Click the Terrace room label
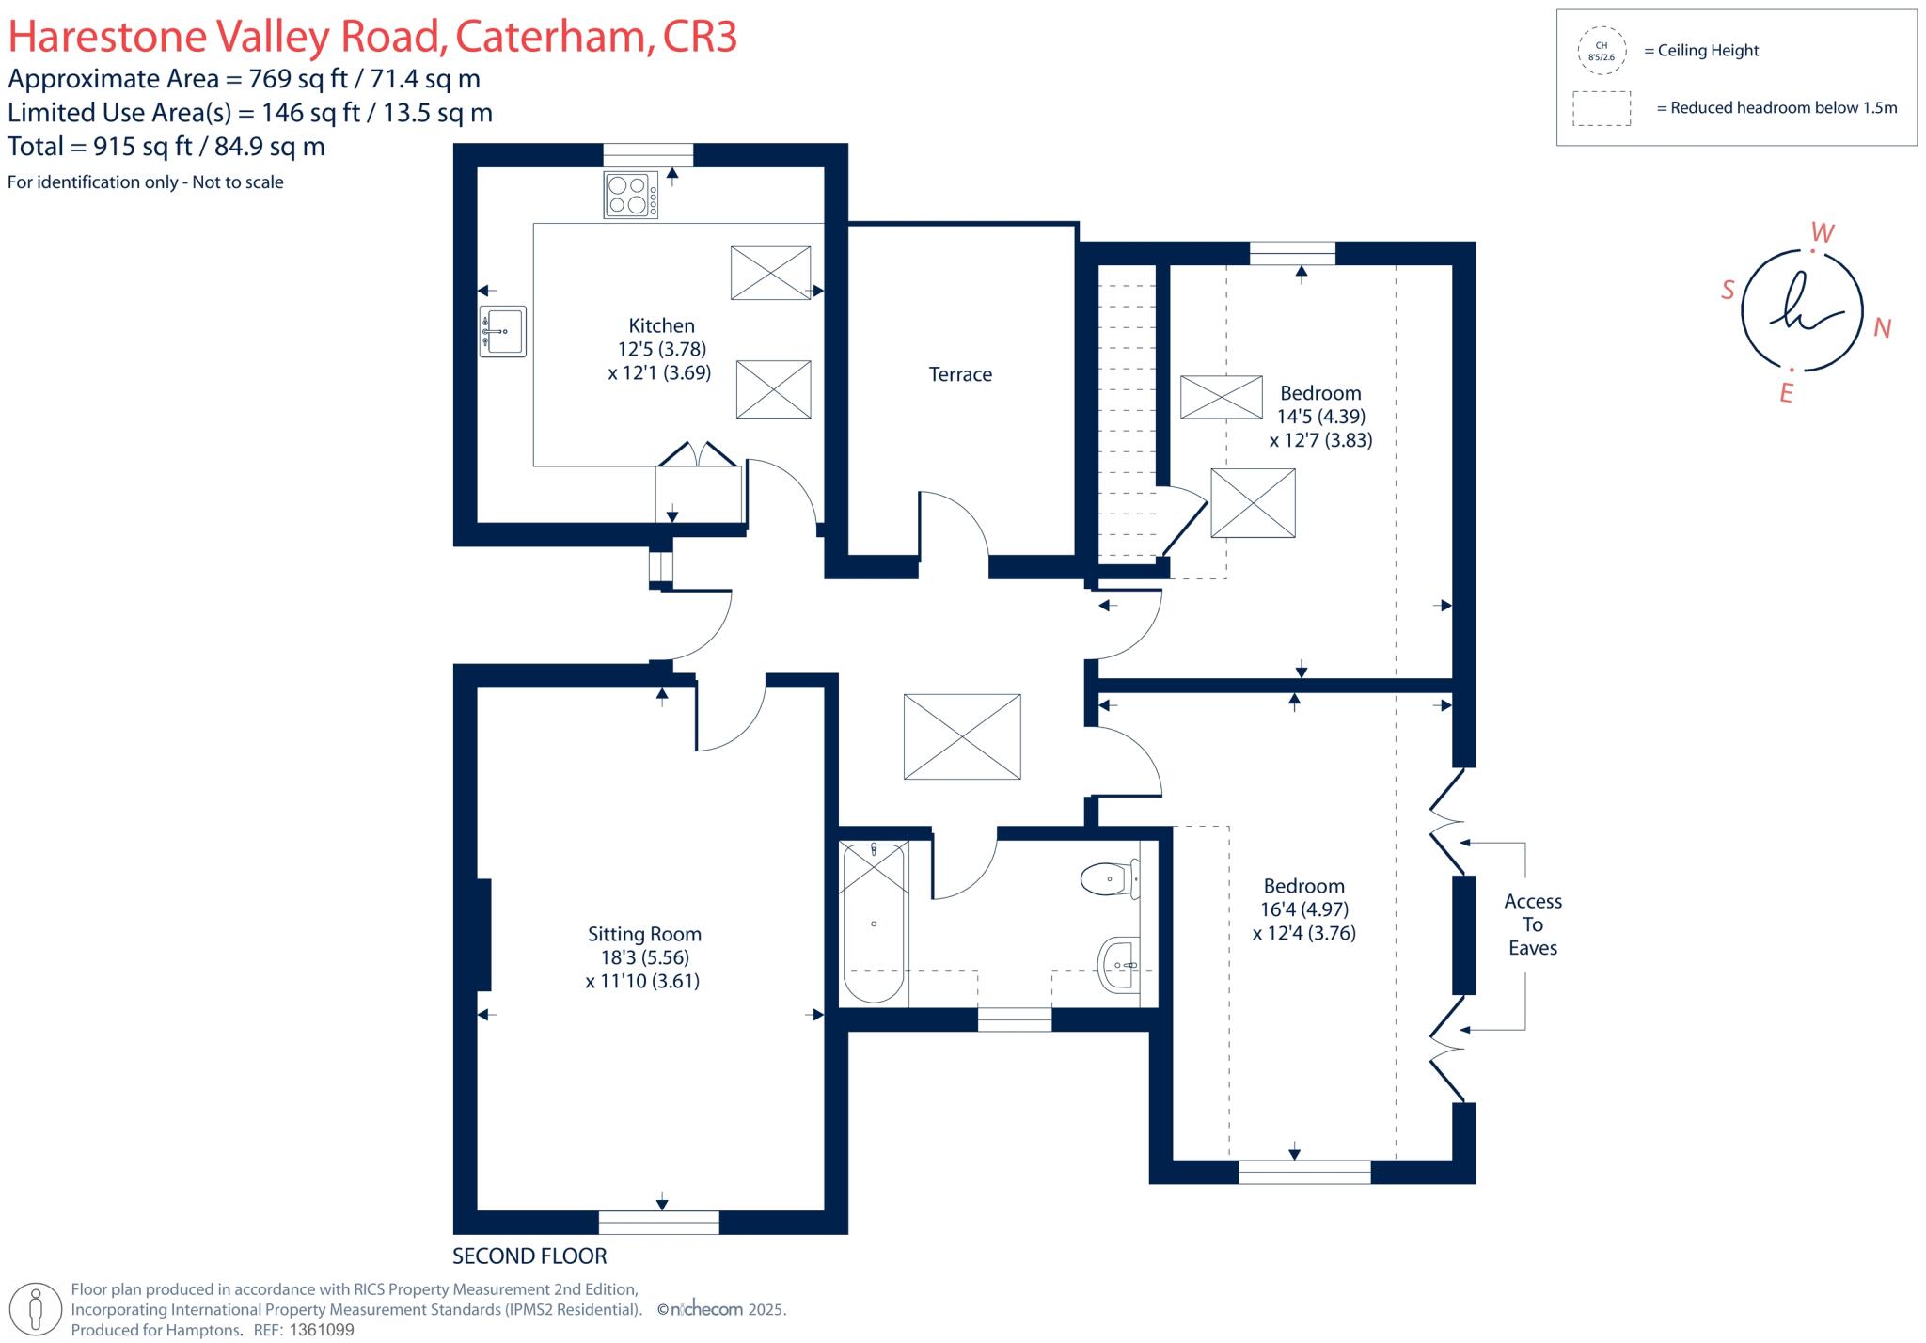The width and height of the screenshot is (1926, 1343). pyautogui.click(x=960, y=374)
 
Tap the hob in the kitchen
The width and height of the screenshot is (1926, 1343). pyautogui.click(x=630, y=196)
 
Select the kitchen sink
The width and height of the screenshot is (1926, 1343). pyautogui.click(x=502, y=331)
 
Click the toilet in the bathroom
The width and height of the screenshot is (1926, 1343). pyautogui.click(x=1108, y=879)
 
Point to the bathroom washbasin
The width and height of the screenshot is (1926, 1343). pyautogui.click(x=1119, y=964)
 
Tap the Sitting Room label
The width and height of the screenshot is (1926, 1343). pyautogui.click(x=644, y=934)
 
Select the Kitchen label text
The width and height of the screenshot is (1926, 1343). pyautogui.click(x=661, y=325)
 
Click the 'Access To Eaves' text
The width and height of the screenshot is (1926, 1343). pyautogui.click(x=1532, y=924)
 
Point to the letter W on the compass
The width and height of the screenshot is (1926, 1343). pyautogui.click(x=1822, y=232)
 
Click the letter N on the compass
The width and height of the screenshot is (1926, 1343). pyautogui.click(x=1882, y=327)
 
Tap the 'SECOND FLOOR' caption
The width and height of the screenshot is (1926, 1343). pyautogui.click(x=529, y=1256)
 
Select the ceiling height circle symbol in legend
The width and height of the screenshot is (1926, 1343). pyautogui.click(x=1601, y=51)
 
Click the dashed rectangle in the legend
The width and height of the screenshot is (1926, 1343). pyautogui.click(x=1601, y=108)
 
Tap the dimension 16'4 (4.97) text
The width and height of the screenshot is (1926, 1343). pyautogui.click(x=1303, y=909)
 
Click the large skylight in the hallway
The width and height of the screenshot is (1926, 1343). pyautogui.click(x=961, y=736)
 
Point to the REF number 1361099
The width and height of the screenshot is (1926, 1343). pyautogui.click(x=322, y=1330)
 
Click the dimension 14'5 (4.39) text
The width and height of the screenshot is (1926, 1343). pyautogui.click(x=1320, y=416)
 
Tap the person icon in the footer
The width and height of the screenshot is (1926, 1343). pyautogui.click(x=37, y=1309)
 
